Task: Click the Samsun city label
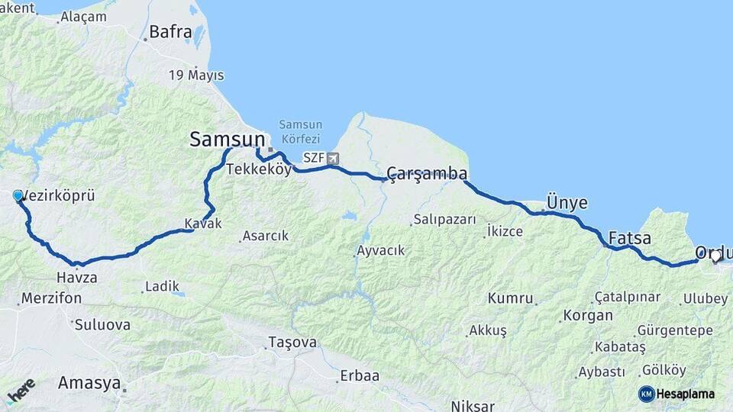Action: pos(228,140)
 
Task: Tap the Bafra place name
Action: pos(170,32)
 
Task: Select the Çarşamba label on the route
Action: pos(427,174)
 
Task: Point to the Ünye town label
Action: pos(567,203)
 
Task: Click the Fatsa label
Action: pos(630,238)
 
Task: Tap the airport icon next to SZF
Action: pos(332,159)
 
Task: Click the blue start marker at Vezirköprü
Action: pos(18,196)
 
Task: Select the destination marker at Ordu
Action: pos(715,257)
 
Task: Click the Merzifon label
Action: pos(51,298)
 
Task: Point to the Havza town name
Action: pos(76,278)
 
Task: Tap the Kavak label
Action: pos(202,224)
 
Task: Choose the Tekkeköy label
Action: pos(258,169)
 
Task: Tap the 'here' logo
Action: pos(21,391)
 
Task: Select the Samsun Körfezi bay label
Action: pos(300,131)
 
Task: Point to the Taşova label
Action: pos(292,343)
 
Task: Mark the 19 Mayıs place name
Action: pos(196,75)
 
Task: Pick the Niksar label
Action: pos(479,405)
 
